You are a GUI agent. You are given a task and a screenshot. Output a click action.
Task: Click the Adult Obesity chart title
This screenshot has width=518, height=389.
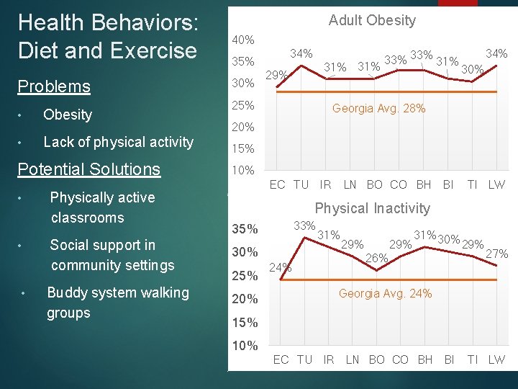[372, 20]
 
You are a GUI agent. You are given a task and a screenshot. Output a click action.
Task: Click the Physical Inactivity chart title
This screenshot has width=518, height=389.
[372, 208]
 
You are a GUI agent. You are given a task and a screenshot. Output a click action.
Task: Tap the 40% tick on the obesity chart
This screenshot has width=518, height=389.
[242, 39]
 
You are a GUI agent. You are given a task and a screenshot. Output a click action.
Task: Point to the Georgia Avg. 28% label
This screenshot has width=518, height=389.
[378, 109]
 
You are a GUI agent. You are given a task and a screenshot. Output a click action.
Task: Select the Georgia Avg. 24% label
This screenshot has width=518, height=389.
[385, 293]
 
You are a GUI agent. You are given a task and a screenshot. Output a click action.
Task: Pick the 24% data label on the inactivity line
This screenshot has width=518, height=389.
[281, 267]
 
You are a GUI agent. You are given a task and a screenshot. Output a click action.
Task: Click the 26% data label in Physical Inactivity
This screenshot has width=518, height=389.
[377, 257]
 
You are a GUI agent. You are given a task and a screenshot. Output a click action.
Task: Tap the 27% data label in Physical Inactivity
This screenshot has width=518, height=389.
[497, 254]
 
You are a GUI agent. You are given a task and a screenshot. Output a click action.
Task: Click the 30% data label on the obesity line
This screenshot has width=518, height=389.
[472, 70]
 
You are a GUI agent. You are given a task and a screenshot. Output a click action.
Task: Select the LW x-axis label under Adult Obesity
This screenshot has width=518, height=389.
[496, 184]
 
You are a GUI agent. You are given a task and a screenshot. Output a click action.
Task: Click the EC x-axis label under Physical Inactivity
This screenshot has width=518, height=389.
[281, 359]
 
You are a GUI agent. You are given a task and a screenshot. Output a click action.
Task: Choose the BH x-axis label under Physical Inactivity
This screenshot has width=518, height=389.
[425, 359]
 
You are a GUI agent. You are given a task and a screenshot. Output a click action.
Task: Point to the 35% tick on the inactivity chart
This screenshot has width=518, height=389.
[245, 229]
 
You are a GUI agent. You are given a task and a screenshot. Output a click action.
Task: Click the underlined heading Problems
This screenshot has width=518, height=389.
[54, 86]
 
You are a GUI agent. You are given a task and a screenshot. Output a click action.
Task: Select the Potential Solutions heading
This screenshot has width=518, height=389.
[88, 169]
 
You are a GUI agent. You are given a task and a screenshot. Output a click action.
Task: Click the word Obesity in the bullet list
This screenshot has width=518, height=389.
[68, 115]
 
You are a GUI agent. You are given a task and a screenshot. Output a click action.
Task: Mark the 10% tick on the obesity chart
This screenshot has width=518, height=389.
[242, 171]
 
